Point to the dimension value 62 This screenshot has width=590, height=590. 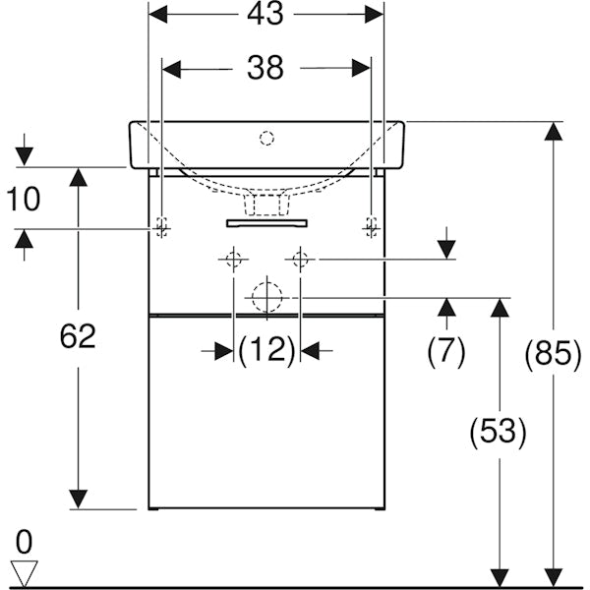pos(78,336)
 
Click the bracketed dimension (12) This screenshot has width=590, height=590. pos(266,350)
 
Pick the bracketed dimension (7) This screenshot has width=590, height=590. pos(446,350)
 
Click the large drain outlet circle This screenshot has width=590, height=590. pos(265,297)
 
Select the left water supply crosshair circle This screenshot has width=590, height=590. pos(233,260)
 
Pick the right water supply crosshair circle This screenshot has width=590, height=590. pos(300,260)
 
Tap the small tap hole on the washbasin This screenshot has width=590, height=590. pos(266,139)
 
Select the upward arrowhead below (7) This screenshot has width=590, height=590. pos(446,309)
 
